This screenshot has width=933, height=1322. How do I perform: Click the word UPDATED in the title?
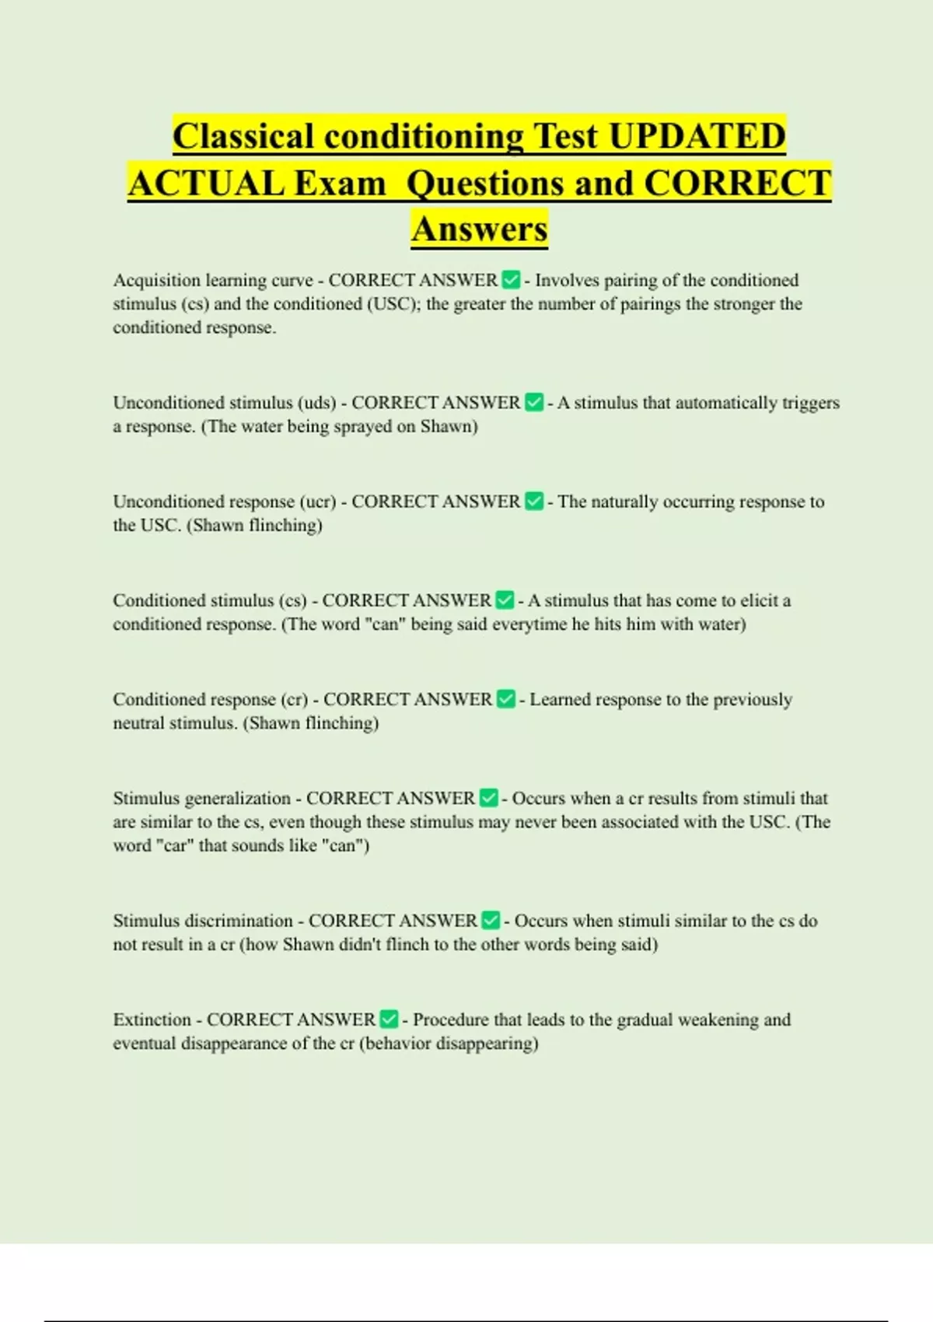[697, 136]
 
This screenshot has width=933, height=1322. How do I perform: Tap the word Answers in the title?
[479, 229]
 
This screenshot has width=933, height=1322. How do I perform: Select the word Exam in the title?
[340, 184]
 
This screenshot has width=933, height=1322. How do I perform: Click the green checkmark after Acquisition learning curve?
[511, 280]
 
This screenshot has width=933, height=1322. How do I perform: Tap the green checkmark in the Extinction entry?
[389, 1019]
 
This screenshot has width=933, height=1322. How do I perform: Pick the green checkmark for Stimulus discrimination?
[491, 921]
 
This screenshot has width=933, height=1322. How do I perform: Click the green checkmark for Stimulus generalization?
[488, 798]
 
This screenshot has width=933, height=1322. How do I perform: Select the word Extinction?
[152, 1019]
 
